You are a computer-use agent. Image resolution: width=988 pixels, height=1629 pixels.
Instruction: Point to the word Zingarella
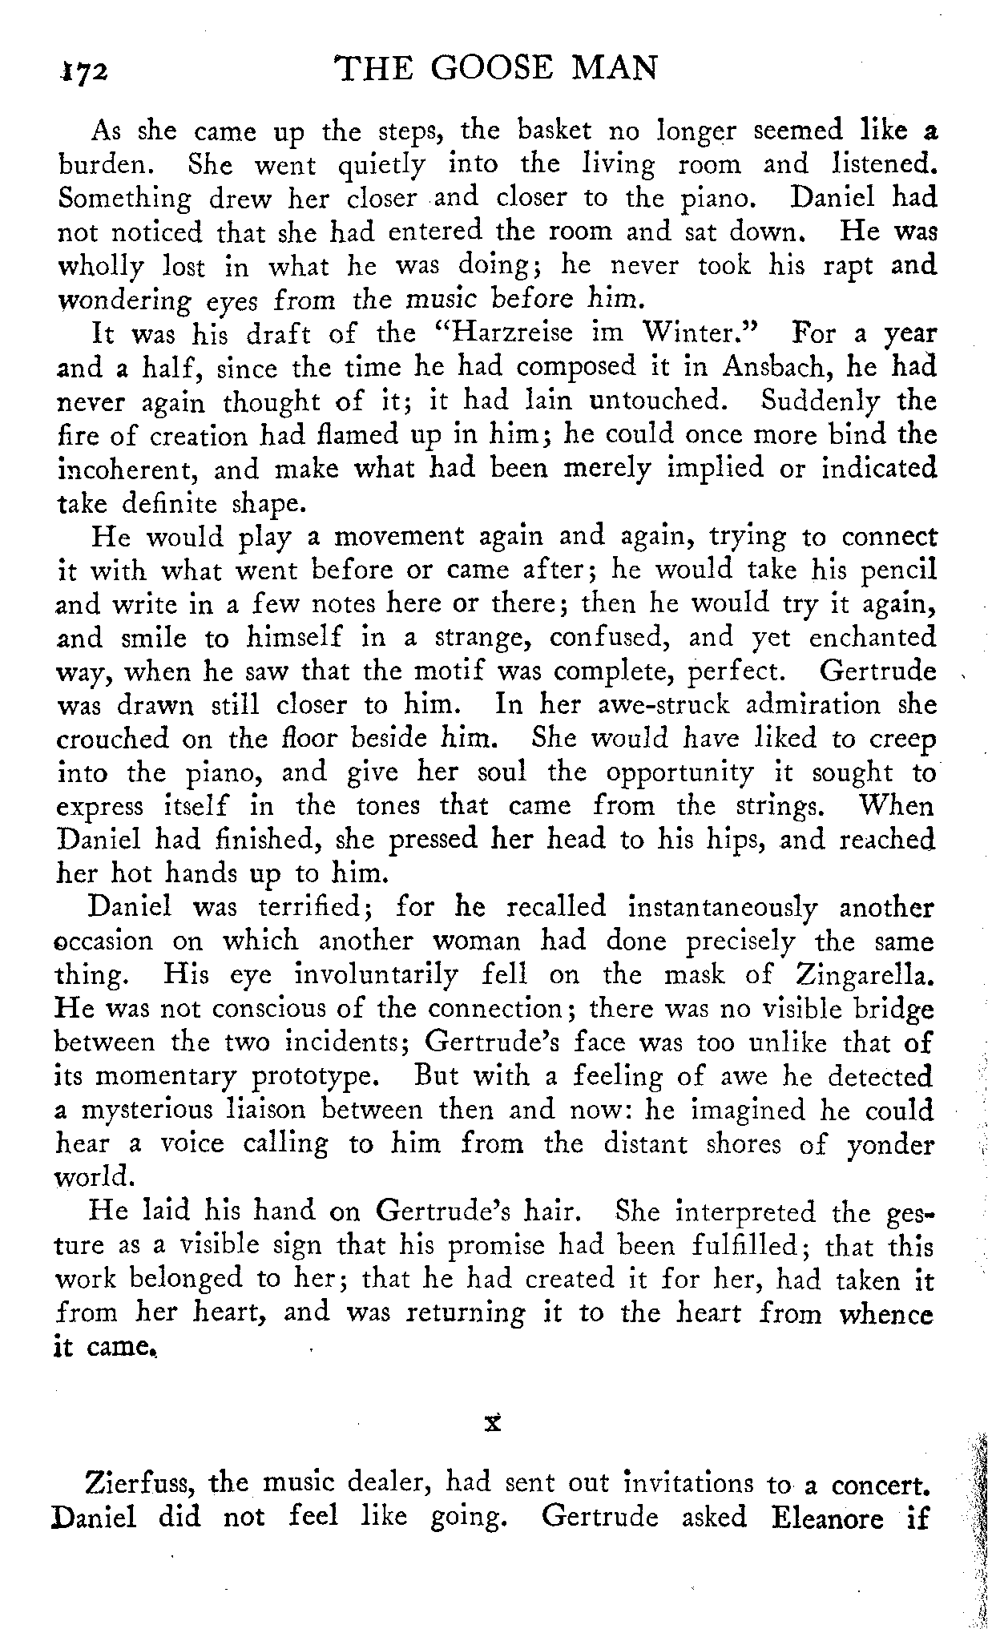(x=865, y=974)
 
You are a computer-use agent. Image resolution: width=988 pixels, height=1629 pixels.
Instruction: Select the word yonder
(x=889, y=1144)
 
